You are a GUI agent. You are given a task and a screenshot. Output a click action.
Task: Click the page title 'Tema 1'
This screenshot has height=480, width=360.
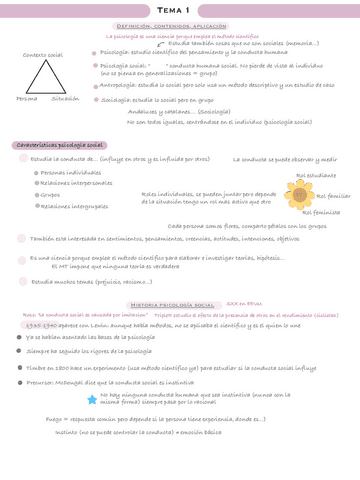[x=180, y=8]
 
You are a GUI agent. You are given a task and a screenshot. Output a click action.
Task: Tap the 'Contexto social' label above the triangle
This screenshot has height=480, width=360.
[x=41, y=55]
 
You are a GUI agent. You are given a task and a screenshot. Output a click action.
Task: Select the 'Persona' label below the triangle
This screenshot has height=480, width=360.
[x=26, y=99]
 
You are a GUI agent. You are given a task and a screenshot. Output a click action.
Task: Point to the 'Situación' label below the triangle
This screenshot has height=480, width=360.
[x=65, y=99]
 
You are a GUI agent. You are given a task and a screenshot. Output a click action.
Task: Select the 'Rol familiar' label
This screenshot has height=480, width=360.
[x=333, y=195]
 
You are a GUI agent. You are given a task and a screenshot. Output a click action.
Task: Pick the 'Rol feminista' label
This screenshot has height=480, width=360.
[x=321, y=212]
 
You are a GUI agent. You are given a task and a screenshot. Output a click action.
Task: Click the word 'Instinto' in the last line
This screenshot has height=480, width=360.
[x=69, y=432]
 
